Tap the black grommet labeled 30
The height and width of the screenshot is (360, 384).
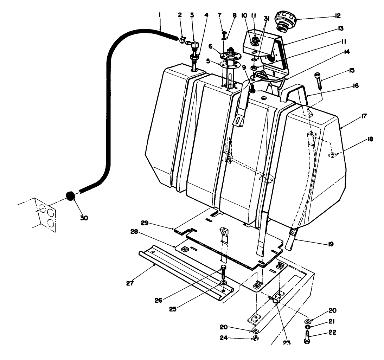click(x=71, y=196)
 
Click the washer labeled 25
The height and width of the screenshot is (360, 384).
click(x=223, y=283)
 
